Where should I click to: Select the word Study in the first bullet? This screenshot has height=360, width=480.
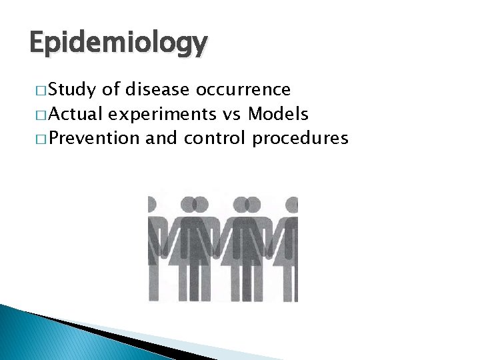coord(72,89)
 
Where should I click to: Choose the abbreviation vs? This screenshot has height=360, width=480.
coord(232,114)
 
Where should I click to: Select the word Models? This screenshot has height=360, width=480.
coord(278,114)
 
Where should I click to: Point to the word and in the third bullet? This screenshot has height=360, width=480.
coord(161,139)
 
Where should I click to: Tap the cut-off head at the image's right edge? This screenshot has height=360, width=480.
coord(293,203)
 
